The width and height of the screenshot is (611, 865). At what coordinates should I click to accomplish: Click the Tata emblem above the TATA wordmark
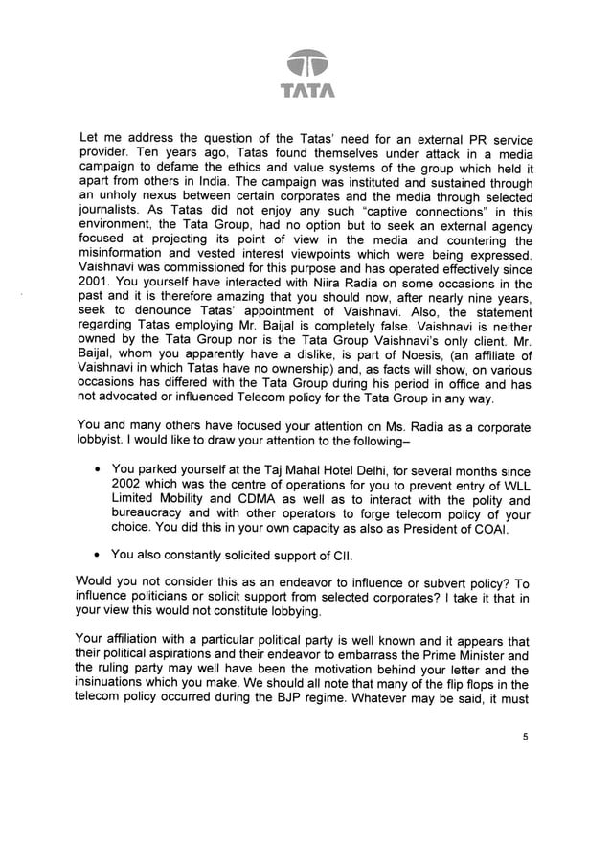tap(305, 62)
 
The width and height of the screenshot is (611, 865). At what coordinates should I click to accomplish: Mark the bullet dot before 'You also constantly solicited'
tap(99, 554)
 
